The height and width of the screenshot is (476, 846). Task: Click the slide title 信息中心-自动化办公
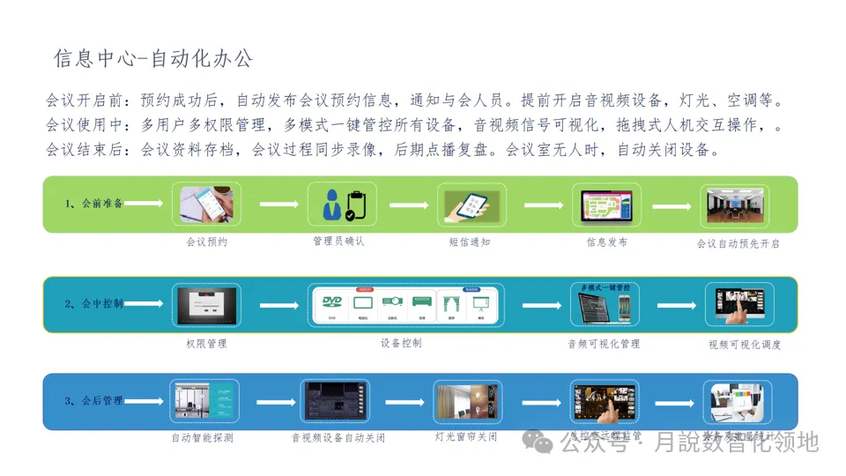click(152, 59)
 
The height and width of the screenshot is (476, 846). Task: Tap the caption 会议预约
click(206, 242)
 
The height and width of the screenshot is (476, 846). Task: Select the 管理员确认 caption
click(338, 241)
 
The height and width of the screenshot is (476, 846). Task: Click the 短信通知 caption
click(470, 242)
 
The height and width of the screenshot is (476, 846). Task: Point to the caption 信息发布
click(607, 242)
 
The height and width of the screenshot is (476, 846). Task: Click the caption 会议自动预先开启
click(738, 243)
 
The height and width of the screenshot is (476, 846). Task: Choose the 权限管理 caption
click(206, 343)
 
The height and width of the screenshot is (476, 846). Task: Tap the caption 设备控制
click(401, 343)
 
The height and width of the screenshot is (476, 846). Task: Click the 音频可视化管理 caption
click(604, 344)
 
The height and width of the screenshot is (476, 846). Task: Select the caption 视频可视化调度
click(745, 345)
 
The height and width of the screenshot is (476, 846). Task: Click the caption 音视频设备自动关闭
click(338, 437)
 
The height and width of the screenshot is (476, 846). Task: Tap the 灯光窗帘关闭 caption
click(466, 436)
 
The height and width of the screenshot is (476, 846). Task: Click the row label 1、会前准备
click(93, 204)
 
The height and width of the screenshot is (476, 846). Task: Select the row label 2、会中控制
click(93, 304)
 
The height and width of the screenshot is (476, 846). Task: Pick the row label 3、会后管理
click(93, 401)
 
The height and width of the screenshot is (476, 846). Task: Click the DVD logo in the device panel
click(332, 301)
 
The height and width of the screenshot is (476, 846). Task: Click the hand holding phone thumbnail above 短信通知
click(470, 205)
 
